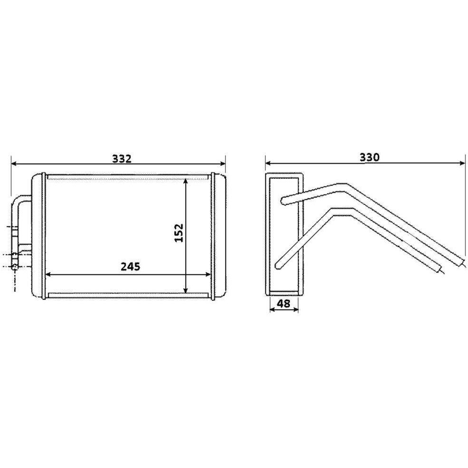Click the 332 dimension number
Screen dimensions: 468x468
(x=122, y=159)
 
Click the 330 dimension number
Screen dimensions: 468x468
(x=369, y=157)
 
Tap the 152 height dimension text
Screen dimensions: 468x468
(x=179, y=233)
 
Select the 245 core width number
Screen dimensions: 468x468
(x=131, y=267)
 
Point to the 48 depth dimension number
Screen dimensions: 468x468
(x=284, y=304)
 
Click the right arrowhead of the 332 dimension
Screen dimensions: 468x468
(x=223, y=163)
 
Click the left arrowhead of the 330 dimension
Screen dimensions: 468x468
(x=268, y=163)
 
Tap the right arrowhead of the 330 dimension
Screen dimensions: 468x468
(x=463, y=163)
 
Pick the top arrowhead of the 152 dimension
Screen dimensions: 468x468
(x=186, y=181)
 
